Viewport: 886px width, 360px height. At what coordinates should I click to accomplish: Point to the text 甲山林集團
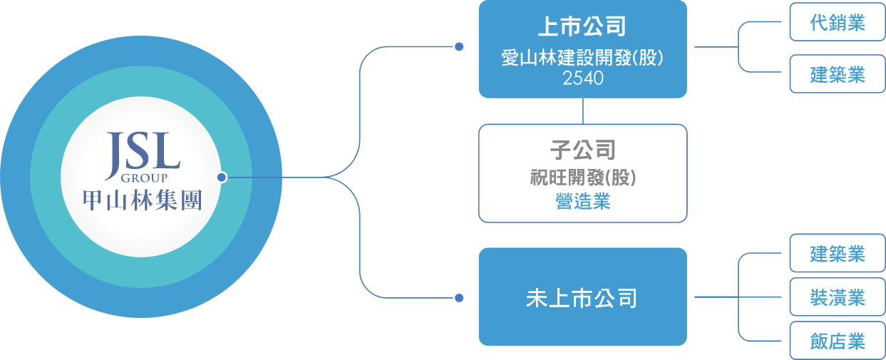(143, 200)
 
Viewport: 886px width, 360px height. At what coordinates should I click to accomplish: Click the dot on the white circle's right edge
(222, 177)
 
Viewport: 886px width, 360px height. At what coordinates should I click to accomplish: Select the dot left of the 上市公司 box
(459, 47)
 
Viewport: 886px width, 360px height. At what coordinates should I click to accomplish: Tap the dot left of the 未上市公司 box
(459, 297)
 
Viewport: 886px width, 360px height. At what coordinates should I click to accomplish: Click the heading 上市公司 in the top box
(582, 28)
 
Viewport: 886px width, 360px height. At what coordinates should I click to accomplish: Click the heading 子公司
(582, 150)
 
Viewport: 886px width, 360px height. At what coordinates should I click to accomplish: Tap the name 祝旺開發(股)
(582, 178)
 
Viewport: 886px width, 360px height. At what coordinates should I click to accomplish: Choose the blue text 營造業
(582, 202)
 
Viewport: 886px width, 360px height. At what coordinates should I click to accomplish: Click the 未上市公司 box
(582, 297)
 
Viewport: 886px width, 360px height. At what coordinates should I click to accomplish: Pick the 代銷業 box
(837, 23)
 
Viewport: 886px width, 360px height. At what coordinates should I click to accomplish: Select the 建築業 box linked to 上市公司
(837, 74)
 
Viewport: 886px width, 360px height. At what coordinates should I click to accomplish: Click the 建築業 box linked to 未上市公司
(837, 253)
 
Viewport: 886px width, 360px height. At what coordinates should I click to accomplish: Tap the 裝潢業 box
(837, 297)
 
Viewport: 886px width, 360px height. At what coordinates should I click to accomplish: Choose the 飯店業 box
(837, 341)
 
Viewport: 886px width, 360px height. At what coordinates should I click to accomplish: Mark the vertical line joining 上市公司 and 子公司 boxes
(583, 111)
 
